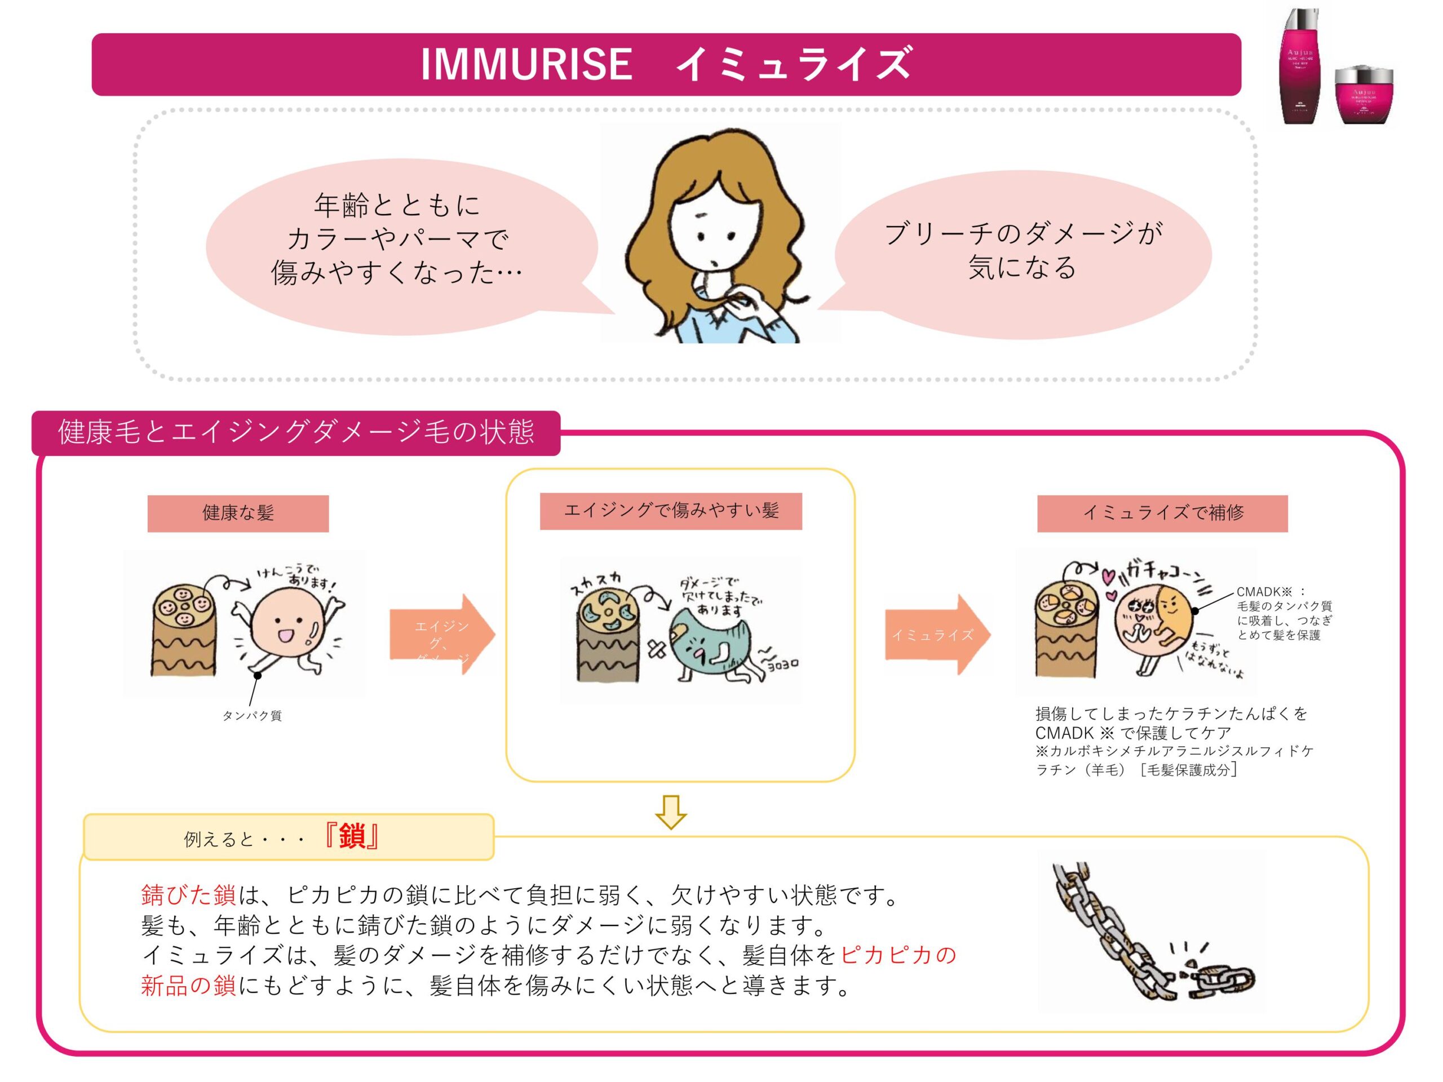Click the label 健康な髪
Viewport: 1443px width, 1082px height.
point(237,513)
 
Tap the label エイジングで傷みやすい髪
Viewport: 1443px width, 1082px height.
point(671,510)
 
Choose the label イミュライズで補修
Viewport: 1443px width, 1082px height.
point(1162,513)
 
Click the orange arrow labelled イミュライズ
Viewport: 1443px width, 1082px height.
point(937,634)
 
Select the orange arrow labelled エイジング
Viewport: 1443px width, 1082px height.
point(442,634)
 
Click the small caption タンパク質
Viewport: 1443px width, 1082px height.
point(252,716)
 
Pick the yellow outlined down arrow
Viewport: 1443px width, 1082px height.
point(671,812)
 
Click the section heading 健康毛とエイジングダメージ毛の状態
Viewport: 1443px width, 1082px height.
point(295,432)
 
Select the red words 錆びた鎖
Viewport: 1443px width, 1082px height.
point(188,895)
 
